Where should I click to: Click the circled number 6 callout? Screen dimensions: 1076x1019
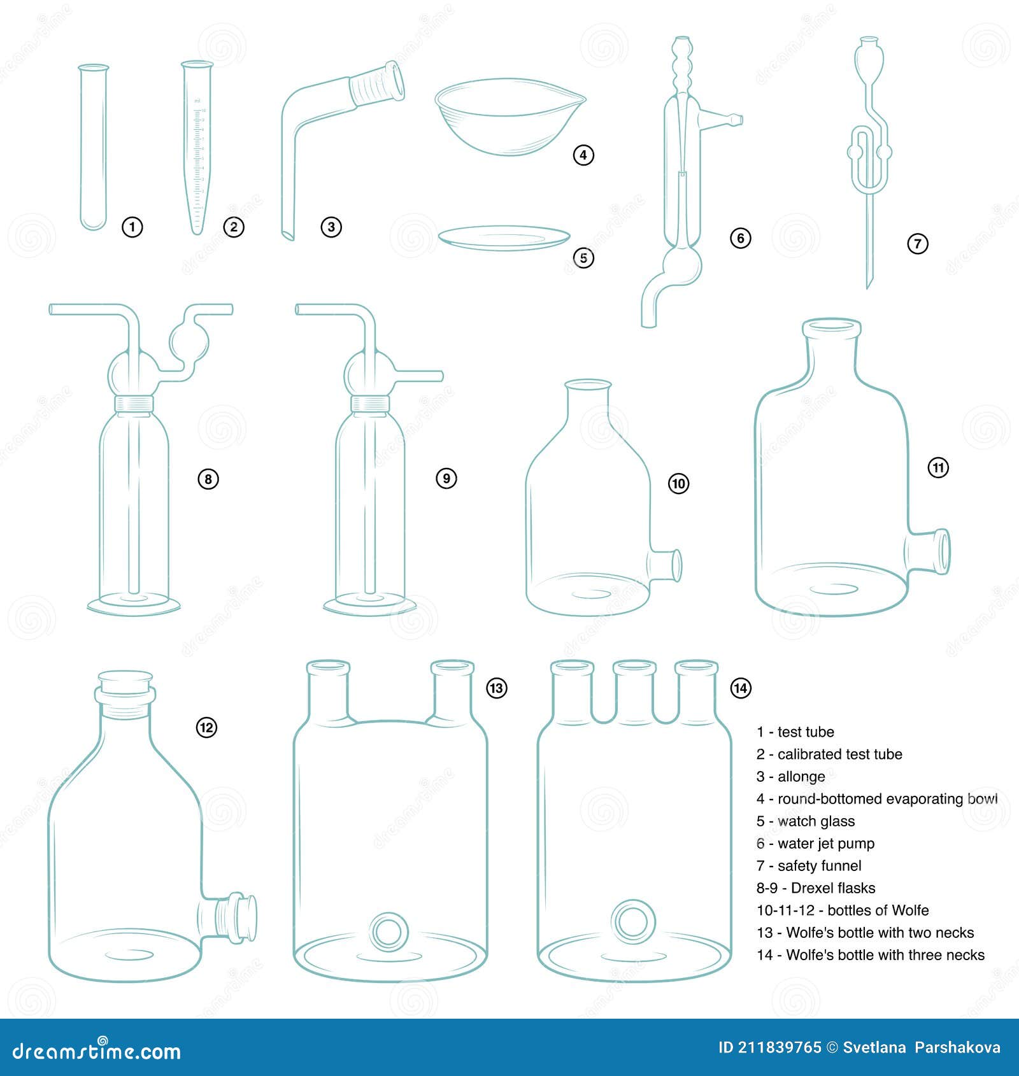click(x=740, y=238)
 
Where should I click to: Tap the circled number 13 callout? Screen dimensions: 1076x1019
click(x=496, y=688)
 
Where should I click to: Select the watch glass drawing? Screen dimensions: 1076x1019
click(x=504, y=237)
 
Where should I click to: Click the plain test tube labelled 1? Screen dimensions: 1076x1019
click(x=93, y=146)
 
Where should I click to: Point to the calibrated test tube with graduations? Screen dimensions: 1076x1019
click(x=197, y=146)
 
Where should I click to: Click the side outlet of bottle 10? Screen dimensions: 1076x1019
click(x=666, y=565)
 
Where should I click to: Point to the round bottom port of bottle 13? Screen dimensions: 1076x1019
click(x=389, y=932)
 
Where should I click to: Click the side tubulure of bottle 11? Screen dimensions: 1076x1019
click(x=930, y=551)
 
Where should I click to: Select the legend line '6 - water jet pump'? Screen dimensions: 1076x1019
click(x=815, y=844)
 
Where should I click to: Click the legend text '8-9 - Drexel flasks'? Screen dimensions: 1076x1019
click(x=815, y=888)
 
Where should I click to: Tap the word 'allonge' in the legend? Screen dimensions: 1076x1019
click(x=801, y=777)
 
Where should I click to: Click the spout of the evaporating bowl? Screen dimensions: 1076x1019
click(x=576, y=99)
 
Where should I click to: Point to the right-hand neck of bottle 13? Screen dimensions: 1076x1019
click(x=452, y=691)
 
